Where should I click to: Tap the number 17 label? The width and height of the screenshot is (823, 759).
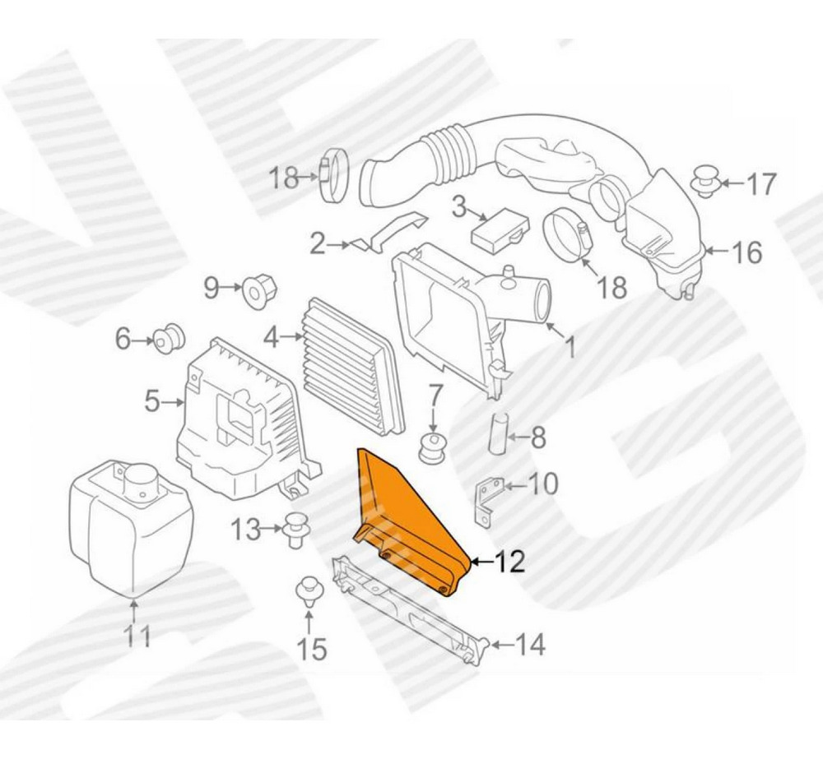pos(760,185)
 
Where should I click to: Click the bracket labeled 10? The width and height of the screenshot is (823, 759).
pos(487,498)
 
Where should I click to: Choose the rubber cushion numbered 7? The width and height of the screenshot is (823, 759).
pos(433,447)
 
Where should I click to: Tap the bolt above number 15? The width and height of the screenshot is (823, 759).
pos(309,591)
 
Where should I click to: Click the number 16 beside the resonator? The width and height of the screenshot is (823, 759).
pos(746,252)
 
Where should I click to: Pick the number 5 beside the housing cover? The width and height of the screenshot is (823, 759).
pos(151,403)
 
